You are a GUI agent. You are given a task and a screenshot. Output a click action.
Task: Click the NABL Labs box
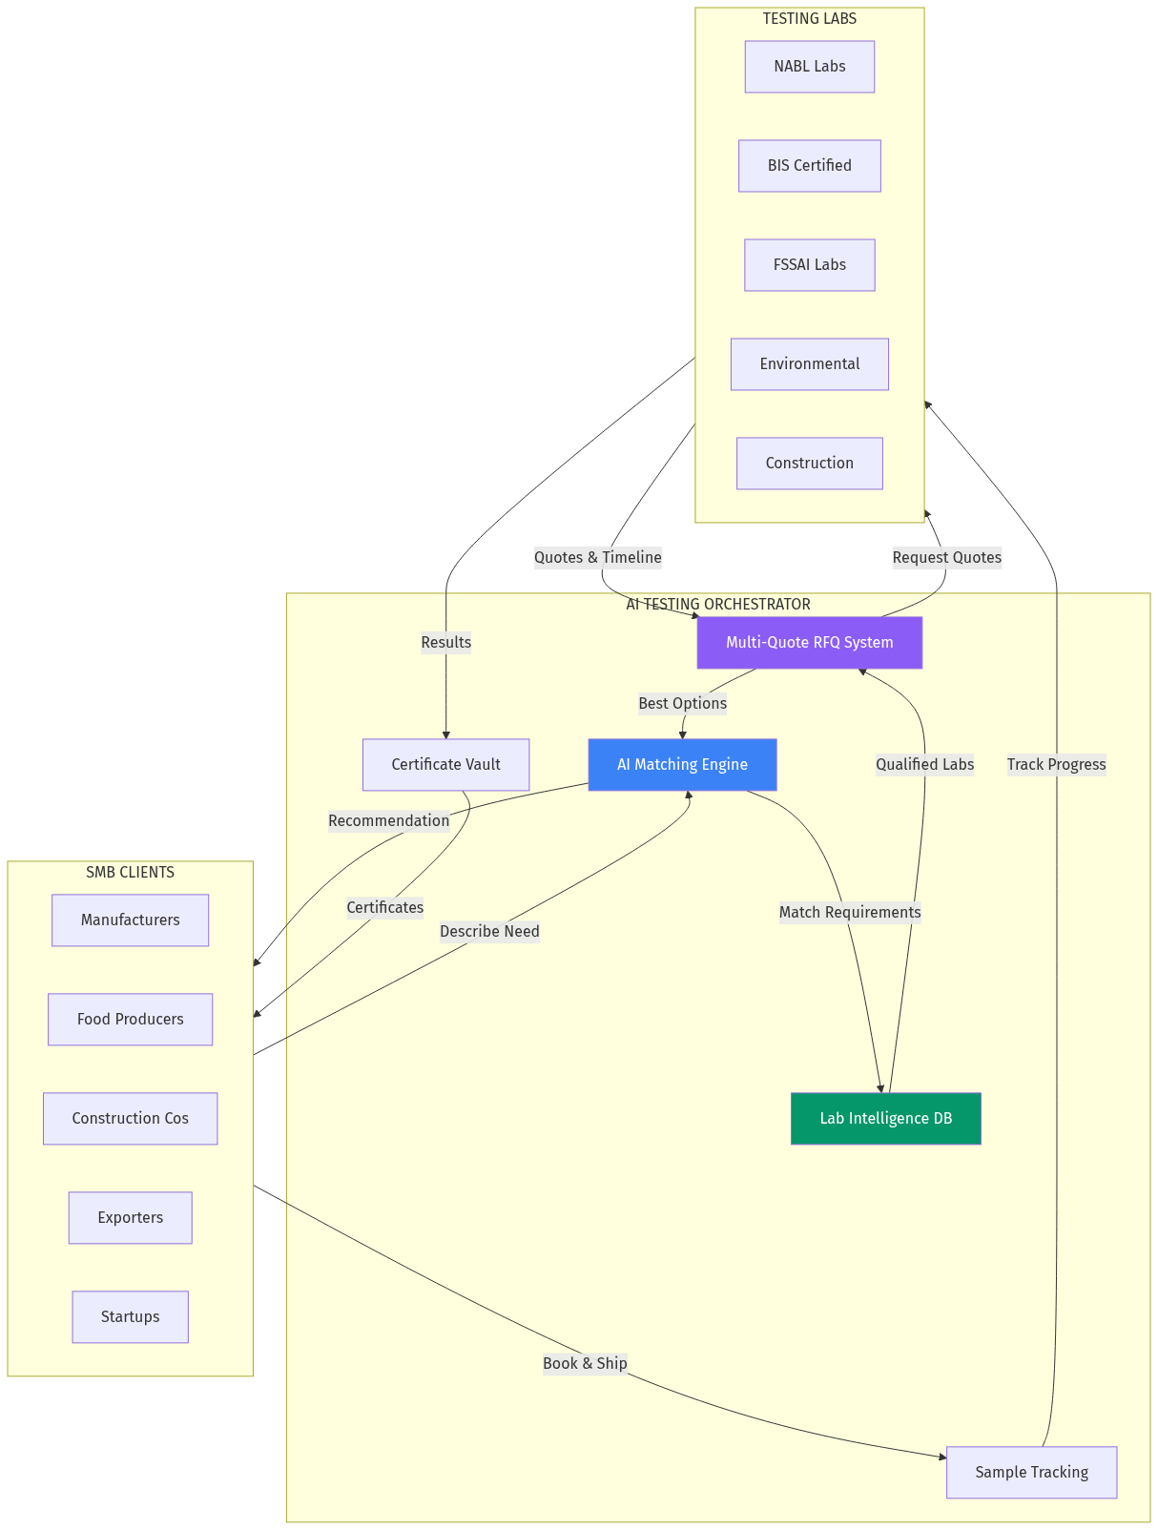[x=809, y=67]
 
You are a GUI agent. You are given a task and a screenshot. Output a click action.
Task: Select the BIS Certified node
[x=809, y=166]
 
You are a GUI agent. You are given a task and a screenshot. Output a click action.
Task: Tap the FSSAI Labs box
[x=809, y=265]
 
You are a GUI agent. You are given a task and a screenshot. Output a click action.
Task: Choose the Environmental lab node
[x=809, y=364]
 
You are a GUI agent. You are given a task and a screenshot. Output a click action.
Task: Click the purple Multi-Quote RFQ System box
[x=809, y=643]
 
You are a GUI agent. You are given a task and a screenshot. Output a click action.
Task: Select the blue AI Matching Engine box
[x=682, y=765]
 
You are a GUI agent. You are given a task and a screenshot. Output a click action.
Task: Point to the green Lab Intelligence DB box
[x=885, y=1119]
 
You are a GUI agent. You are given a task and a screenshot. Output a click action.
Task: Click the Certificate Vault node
[x=445, y=765]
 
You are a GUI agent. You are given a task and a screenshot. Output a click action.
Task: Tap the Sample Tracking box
[x=1031, y=1473]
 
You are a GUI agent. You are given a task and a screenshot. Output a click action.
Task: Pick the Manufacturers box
[x=130, y=920]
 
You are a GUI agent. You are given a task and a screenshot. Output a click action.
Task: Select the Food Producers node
[x=130, y=1020]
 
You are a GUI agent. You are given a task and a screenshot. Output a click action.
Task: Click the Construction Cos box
[x=130, y=1119]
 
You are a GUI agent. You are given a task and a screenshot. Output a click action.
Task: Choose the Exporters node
[x=130, y=1218]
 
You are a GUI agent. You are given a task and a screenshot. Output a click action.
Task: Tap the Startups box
[x=130, y=1317]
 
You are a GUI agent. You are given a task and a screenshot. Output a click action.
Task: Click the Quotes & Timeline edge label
[x=597, y=558]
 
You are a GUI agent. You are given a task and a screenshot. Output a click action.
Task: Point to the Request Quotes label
[x=946, y=558]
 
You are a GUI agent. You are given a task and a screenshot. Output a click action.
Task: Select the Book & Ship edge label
[x=585, y=1364]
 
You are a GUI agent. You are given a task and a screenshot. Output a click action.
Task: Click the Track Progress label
[x=1056, y=765]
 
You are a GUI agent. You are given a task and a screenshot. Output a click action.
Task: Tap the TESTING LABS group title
[x=809, y=19]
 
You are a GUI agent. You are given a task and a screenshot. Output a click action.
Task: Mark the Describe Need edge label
[x=489, y=932]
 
